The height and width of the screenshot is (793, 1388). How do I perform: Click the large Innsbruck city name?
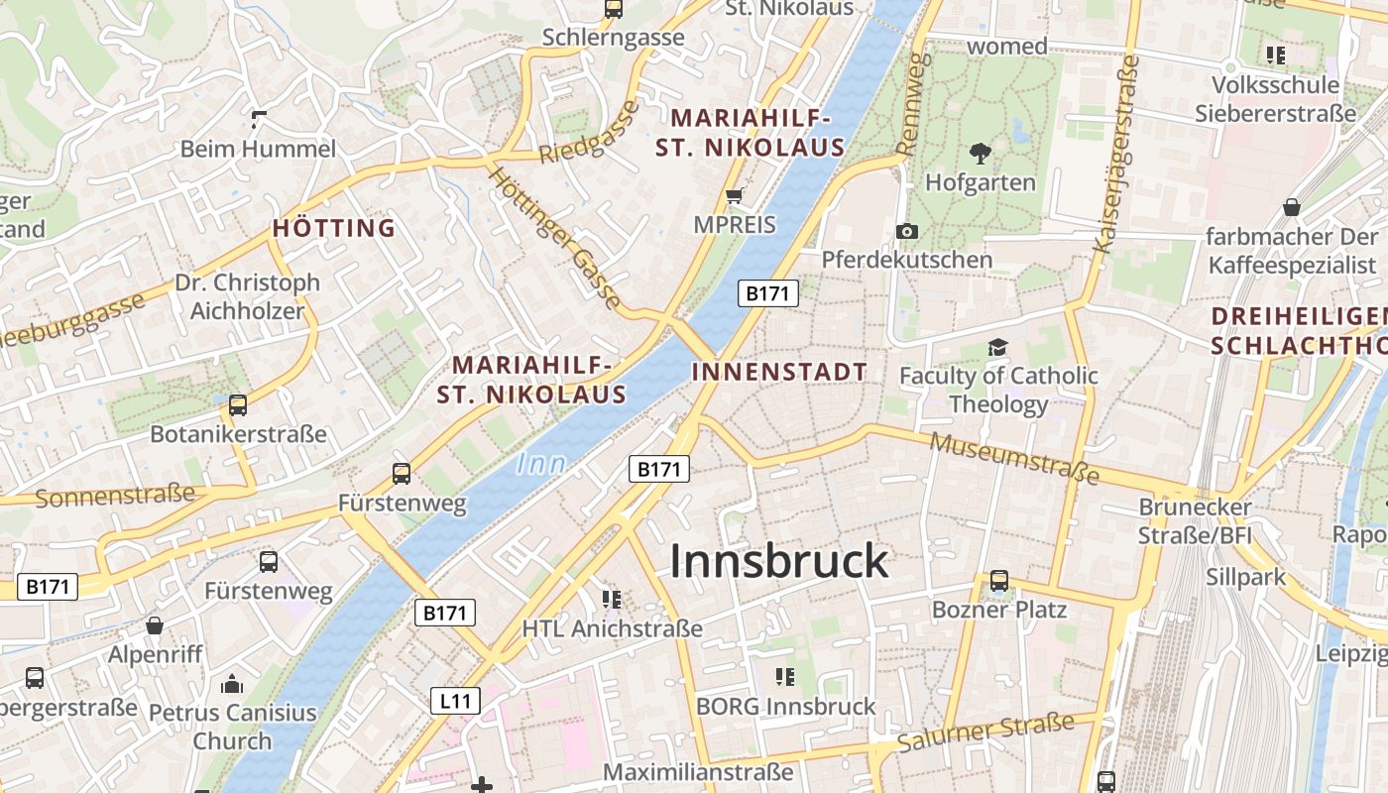pyautogui.click(x=779, y=561)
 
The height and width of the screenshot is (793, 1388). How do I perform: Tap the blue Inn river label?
pyautogui.click(x=541, y=463)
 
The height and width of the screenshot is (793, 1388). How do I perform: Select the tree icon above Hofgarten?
pyautogui.click(x=981, y=154)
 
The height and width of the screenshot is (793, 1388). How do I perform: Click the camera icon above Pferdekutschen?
pyautogui.click(x=906, y=231)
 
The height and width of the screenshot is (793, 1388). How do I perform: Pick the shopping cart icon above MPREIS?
pyautogui.click(x=735, y=195)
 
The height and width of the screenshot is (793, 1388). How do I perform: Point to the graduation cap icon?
pyautogui.click(x=997, y=347)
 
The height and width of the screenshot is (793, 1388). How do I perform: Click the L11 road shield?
pyautogui.click(x=456, y=702)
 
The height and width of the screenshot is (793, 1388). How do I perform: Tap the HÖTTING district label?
pyautogui.click(x=334, y=228)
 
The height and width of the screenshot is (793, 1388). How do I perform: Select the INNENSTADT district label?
pyautogui.click(x=779, y=373)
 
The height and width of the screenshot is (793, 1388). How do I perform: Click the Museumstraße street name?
pyautogui.click(x=1015, y=457)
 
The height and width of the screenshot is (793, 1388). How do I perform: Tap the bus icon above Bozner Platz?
pyautogui.click(x=999, y=581)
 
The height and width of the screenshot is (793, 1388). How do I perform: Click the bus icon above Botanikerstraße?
pyautogui.click(x=238, y=404)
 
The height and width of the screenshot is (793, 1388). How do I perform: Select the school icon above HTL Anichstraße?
pyautogui.click(x=612, y=599)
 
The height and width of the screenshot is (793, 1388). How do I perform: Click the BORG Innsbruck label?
pyautogui.click(x=786, y=707)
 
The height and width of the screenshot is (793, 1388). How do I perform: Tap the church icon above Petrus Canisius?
pyautogui.click(x=232, y=684)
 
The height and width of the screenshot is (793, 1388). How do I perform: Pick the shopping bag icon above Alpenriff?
pyautogui.click(x=155, y=625)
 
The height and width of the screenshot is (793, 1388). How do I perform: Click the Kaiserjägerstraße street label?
pyautogui.click(x=1115, y=154)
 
